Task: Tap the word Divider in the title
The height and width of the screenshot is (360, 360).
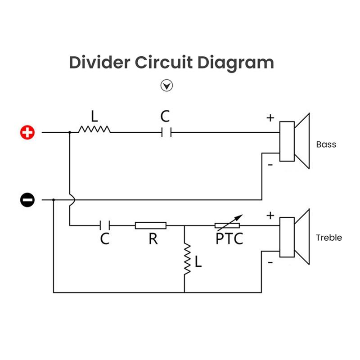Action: pos(95,62)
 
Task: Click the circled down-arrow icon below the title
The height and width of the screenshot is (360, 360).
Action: pos(167,85)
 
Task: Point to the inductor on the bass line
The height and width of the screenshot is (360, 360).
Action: pos(94,130)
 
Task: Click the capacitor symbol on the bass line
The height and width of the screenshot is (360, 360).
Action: pos(166,132)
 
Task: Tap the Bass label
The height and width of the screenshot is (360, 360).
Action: pos(326,144)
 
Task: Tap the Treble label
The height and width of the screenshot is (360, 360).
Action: pos(328,238)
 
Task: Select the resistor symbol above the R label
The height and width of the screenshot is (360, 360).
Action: pos(151,225)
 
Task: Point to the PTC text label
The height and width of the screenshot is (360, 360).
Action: pos(229,238)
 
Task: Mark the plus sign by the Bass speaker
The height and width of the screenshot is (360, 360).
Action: pos(270,118)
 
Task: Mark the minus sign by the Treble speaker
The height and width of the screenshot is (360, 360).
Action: pos(270,261)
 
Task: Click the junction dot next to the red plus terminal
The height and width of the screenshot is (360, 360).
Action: pos(70,132)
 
